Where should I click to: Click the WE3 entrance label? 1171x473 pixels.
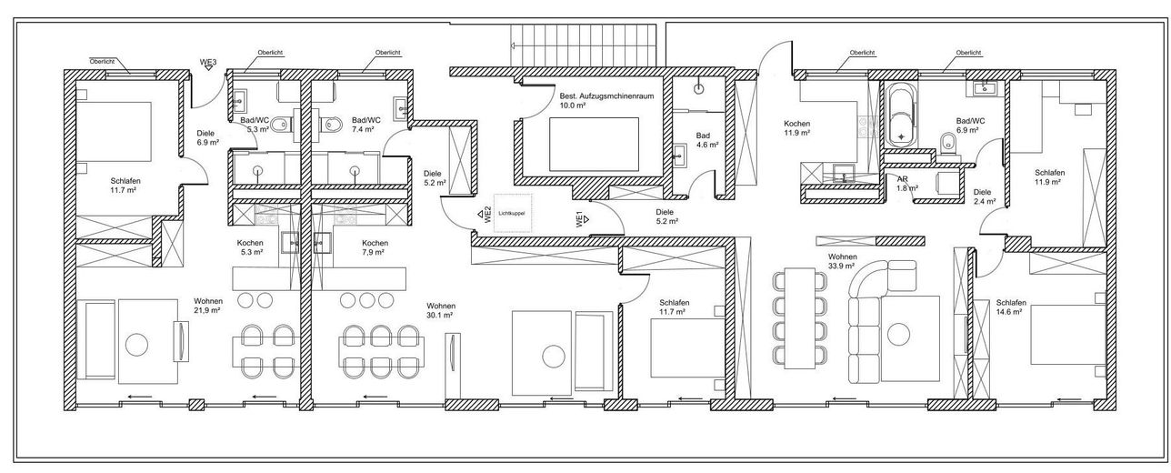pyautogui.click(x=208, y=63)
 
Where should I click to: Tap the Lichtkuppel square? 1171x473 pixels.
pyautogui.click(x=513, y=213)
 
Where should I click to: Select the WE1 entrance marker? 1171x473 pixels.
pyautogui.click(x=583, y=218)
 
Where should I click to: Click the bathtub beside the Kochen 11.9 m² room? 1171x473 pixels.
pyautogui.click(x=901, y=116)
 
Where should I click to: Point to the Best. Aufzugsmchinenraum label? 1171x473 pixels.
pyautogui.click(x=606, y=96)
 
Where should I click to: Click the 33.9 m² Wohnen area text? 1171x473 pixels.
pyautogui.click(x=842, y=261)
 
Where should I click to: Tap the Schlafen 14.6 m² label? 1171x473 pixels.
pyautogui.click(x=1010, y=307)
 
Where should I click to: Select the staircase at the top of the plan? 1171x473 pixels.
pyautogui.click(x=584, y=45)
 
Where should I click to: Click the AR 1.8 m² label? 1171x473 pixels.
pyautogui.click(x=907, y=184)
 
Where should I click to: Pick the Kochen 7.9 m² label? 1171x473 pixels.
pyautogui.click(x=375, y=247)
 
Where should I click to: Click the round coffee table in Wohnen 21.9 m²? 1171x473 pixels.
pyautogui.click(x=136, y=344)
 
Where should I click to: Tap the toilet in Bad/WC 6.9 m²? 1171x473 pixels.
pyautogui.click(x=947, y=144)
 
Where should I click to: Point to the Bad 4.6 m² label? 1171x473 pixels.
pyautogui.click(x=706, y=140)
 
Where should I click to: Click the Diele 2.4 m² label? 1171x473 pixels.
pyautogui.click(x=984, y=196)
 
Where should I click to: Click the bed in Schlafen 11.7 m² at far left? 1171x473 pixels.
pyautogui.click(x=114, y=132)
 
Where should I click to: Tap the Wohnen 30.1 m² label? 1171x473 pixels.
pyautogui.click(x=440, y=310)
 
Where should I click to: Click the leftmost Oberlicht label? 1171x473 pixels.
pyautogui.click(x=102, y=61)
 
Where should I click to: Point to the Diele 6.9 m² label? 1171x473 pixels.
pyautogui.click(x=207, y=137)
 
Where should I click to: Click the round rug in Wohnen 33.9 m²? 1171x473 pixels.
pyautogui.click(x=898, y=334)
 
